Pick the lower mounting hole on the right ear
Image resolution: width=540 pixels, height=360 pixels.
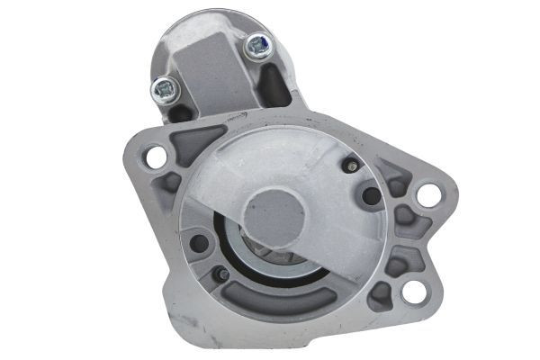(x=413, y=291)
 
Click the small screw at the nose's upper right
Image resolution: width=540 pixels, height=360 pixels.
(x=351, y=166)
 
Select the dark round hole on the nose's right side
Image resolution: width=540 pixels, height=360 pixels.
(x=371, y=196)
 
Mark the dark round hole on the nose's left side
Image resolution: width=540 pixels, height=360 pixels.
(x=200, y=242)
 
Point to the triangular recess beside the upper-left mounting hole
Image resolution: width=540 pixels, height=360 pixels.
(x=193, y=143)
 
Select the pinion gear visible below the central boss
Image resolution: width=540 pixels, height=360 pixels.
(x=270, y=256)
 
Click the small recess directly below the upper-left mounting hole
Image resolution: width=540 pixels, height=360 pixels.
(x=167, y=185)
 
